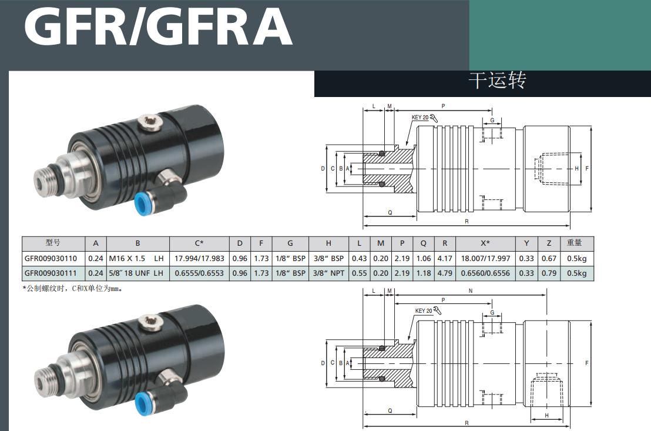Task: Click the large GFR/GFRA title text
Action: click(x=159, y=26)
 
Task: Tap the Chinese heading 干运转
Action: click(x=498, y=80)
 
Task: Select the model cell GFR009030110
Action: click(x=51, y=259)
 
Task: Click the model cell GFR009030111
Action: click(x=51, y=273)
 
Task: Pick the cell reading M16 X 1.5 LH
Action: click(x=136, y=259)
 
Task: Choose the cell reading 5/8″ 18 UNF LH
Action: click(x=136, y=273)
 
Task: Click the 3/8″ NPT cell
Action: click(x=328, y=273)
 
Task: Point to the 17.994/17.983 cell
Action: click(x=199, y=259)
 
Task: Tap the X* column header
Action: click(x=485, y=243)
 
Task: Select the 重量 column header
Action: click(x=575, y=243)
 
